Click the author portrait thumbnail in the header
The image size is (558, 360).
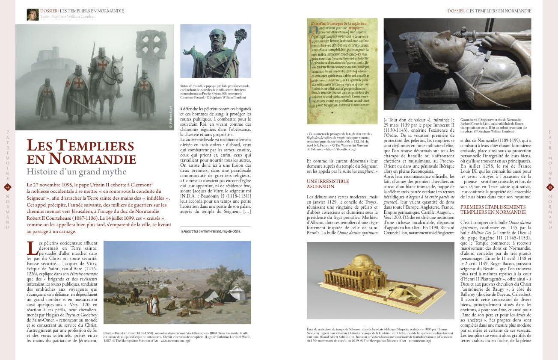pos(33,15)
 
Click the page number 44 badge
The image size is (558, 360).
pos(8,187)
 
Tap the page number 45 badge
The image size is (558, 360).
pos(550,187)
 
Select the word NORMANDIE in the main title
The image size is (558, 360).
pos(92,158)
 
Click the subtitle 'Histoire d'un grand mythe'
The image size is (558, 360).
pos(77,172)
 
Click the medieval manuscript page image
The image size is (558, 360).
pos(342,71)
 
